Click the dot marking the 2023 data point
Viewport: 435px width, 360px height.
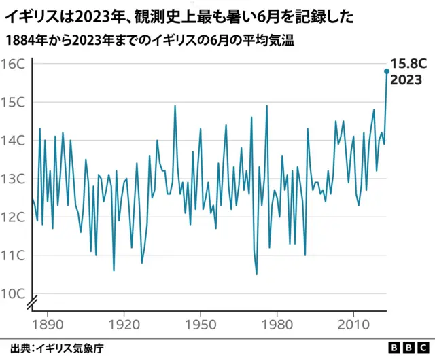[387, 71]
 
